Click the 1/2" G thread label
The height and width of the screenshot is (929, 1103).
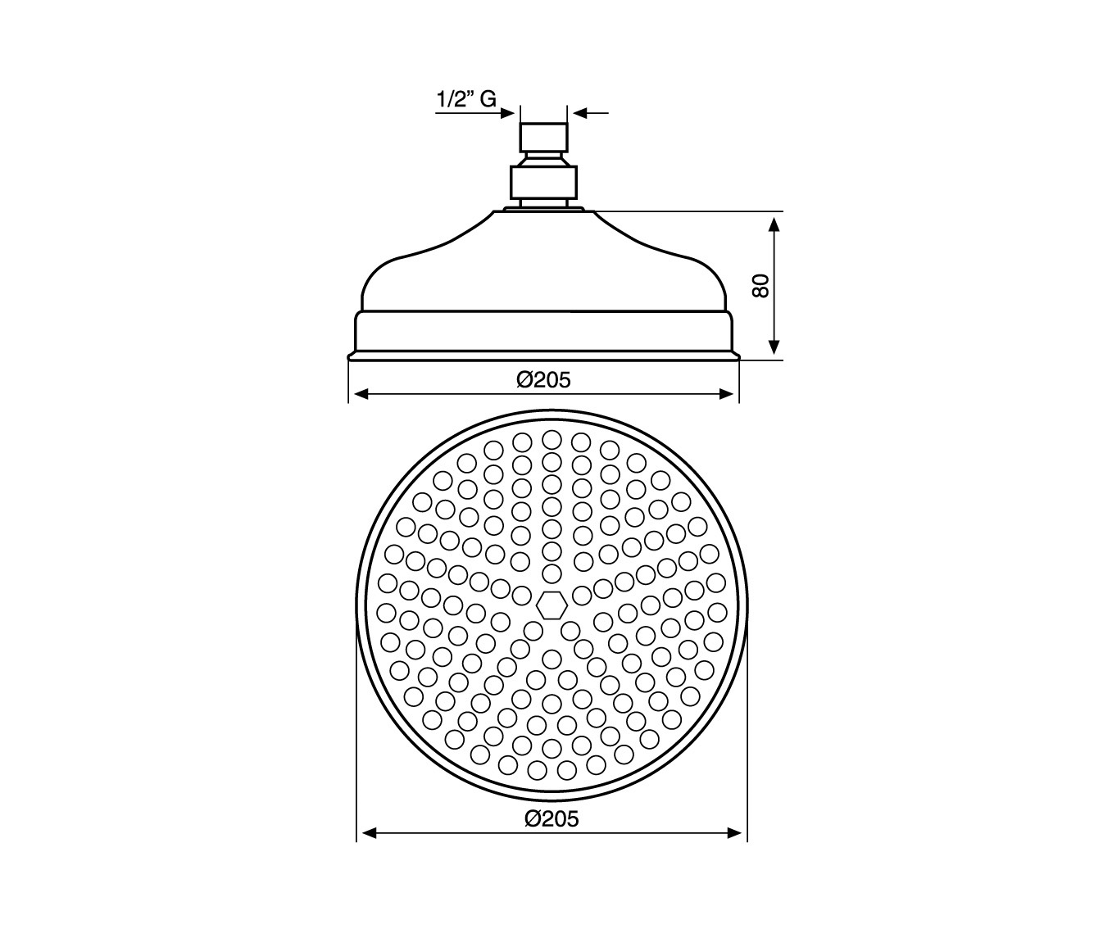pos(466,99)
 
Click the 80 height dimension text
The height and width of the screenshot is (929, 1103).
pos(760,286)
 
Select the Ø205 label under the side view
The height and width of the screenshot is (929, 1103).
pos(543,380)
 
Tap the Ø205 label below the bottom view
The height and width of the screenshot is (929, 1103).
pos(551,818)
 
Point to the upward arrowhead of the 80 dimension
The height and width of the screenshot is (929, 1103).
pos(774,224)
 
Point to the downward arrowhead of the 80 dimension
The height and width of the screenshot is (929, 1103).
pos(774,347)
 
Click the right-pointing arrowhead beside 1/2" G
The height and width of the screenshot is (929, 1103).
pos(507,112)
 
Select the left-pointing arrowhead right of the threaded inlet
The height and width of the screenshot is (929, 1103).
pos(580,112)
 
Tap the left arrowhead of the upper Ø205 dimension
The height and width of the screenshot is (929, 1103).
pos(361,394)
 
